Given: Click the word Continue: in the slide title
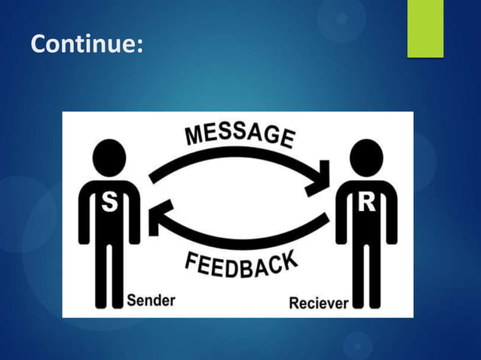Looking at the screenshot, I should coord(86,45).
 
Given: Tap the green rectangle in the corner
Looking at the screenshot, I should coord(425,29).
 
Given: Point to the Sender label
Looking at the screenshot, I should coord(150,301).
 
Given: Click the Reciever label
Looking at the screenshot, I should coord(318,304).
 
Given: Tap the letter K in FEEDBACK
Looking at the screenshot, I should coord(287,261).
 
